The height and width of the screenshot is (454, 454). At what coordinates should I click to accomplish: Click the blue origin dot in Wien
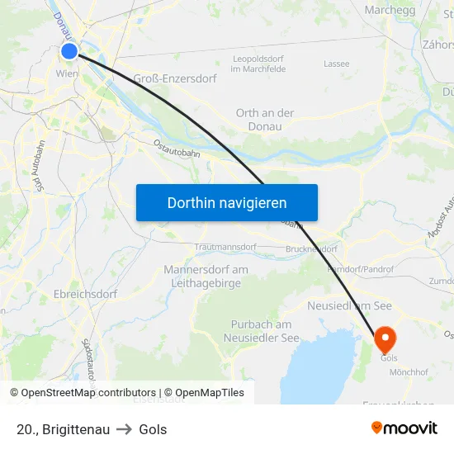coord(69,51)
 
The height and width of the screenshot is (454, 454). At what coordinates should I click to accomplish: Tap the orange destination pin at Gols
coord(385,338)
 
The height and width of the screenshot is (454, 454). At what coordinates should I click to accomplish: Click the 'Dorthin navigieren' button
coord(227,202)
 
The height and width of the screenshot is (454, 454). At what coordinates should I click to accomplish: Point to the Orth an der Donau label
coord(265,120)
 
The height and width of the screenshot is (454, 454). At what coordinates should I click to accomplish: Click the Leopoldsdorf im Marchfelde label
coord(259,64)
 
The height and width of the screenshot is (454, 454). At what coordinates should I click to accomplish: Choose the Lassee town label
coord(336,64)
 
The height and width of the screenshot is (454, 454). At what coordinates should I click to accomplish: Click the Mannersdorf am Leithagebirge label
coord(206,276)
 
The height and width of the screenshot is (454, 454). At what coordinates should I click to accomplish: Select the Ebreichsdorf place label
coord(85,294)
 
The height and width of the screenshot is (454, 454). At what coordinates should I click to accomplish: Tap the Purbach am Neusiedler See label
coord(261,331)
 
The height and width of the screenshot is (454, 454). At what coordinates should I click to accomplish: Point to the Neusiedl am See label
coord(349,305)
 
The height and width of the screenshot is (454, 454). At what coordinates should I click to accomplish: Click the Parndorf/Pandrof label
coord(361,269)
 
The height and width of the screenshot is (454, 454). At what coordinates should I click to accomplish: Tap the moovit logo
coord(404,428)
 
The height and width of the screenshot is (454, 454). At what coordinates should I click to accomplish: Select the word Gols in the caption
coord(153,429)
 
